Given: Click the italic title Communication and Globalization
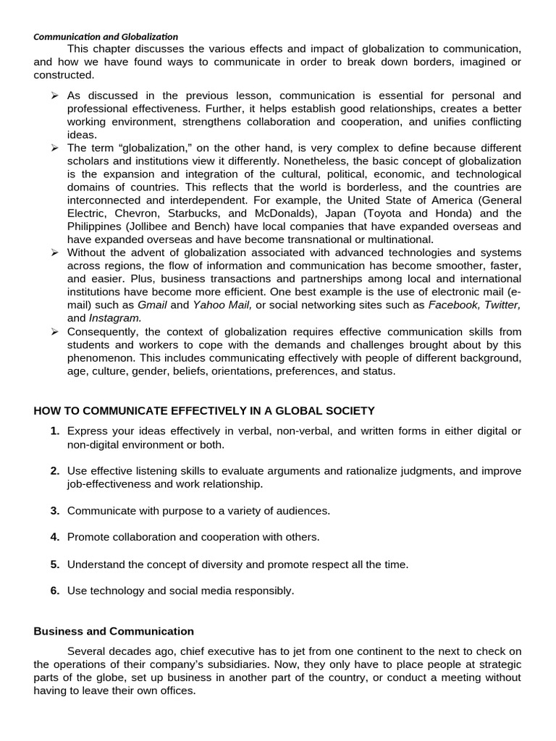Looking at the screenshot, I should coord(106,36).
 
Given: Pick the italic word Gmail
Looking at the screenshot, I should coord(152,305).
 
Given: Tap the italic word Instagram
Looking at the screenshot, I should coord(115,318).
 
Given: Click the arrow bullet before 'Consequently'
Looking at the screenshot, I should coord(54,331).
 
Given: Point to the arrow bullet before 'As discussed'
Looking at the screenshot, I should coord(54,96).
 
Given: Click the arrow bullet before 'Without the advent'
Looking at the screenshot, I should coord(54,253).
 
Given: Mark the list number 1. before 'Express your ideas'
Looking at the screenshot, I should coord(55,431).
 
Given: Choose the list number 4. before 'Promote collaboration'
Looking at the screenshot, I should coord(55,537).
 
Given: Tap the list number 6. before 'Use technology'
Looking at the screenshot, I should coord(55,590).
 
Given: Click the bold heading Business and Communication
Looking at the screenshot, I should coord(114,631).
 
